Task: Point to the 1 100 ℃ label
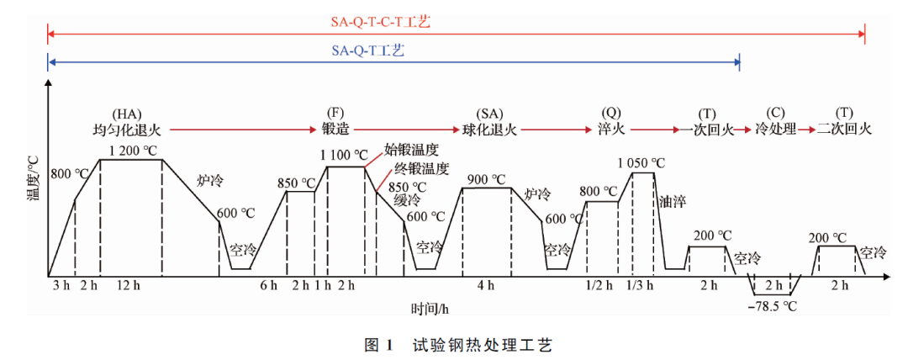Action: pos(344,156)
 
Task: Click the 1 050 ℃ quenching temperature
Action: pos(641,162)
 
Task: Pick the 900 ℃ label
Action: pos(487,178)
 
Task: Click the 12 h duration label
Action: pos(130,286)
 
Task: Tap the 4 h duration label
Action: pos(486,286)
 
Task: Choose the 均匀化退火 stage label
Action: pos(127,130)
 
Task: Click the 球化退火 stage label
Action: pos(489,130)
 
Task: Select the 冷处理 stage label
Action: pos(775,130)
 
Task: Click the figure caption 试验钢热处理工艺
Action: pos(482,345)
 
